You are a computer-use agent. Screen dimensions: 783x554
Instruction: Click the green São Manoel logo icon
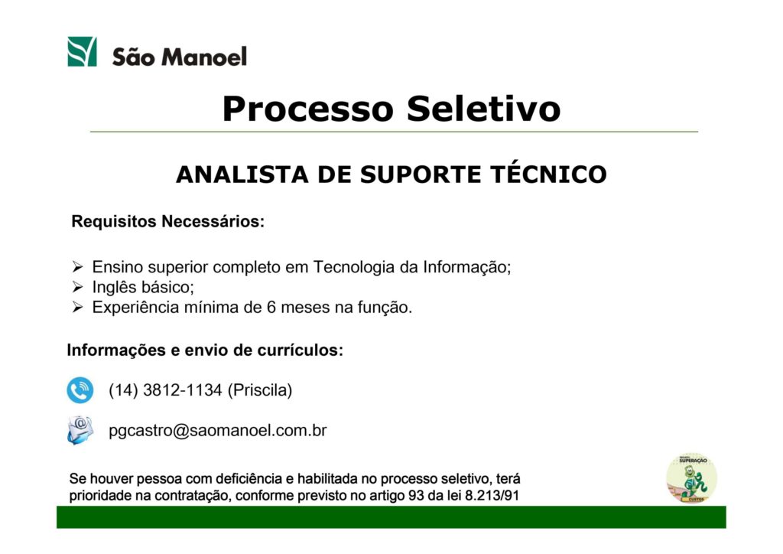(x=82, y=51)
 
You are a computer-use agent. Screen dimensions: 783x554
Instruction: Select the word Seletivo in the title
(x=483, y=109)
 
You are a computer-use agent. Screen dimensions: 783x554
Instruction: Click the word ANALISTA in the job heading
(x=242, y=174)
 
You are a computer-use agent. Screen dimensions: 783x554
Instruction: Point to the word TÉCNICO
(x=548, y=174)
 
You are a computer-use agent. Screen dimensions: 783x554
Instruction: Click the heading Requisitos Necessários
(x=167, y=221)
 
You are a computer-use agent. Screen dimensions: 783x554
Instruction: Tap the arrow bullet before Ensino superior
(x=77, y=267)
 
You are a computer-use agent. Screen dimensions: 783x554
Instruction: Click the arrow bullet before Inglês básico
(x=77, y=287)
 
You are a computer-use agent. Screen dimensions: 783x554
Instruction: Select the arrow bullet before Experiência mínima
(x=77, y=307)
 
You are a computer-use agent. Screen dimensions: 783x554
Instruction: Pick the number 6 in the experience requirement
(x=271, y=307)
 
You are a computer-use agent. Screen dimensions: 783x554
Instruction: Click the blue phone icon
(x=80, y=390)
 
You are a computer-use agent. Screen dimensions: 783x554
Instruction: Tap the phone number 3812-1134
(x=182, y=390)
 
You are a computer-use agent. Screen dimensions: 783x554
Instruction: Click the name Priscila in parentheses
(x=260, y=390)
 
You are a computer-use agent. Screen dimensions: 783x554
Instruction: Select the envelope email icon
(x=80, y=429)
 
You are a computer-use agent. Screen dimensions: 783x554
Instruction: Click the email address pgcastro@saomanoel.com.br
(x=218, y=431)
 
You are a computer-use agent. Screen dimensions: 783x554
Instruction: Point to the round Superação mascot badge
(x=691, y=478)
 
